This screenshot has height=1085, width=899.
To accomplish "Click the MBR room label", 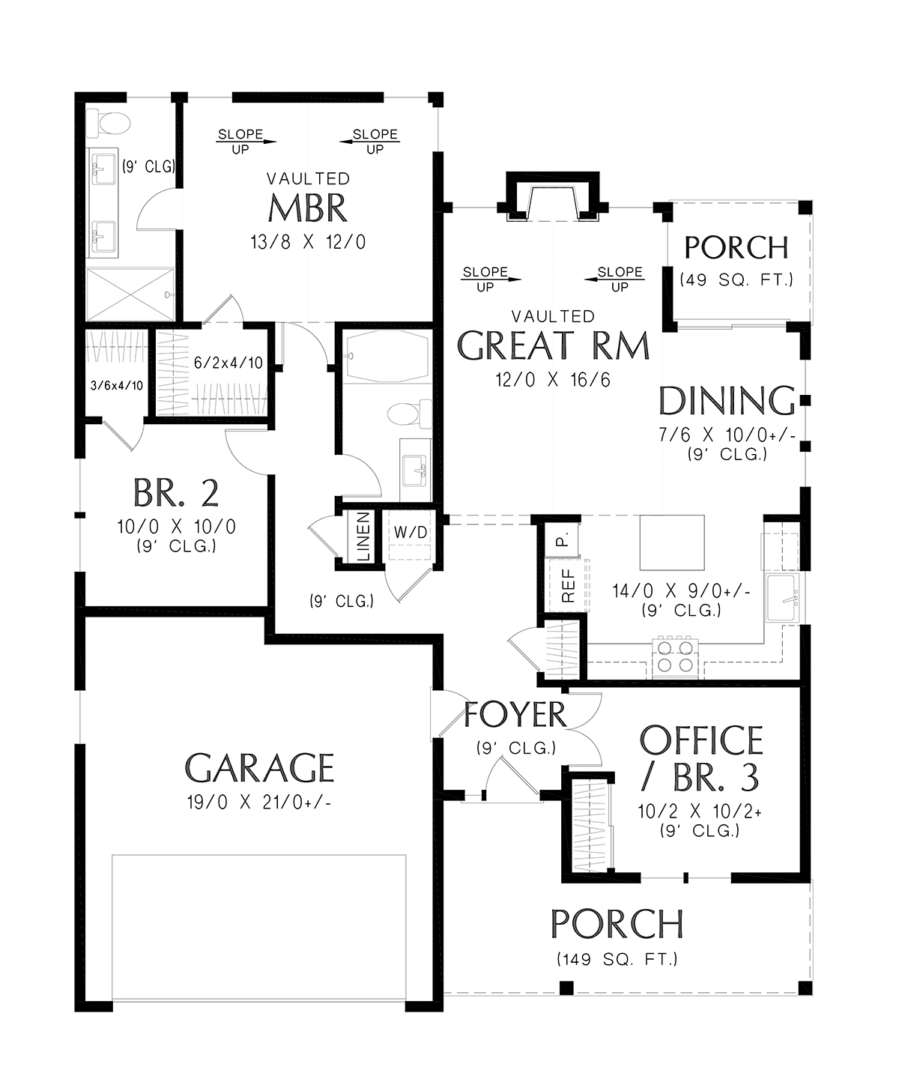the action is (308, 208).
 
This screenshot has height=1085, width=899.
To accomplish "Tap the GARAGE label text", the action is (259, 768).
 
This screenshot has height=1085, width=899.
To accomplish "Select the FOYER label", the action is (515, 715).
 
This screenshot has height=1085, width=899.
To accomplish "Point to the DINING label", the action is (727, 401).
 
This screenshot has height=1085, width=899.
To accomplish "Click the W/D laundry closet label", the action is (411, 531).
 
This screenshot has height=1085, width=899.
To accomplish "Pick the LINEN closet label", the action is (364, 537).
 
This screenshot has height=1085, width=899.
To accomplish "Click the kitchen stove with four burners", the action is (675, 657).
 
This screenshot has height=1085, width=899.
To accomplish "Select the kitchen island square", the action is (672, 542).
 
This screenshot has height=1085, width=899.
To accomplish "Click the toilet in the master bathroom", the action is (108, 124).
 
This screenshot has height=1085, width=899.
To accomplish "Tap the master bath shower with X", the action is (130, 294).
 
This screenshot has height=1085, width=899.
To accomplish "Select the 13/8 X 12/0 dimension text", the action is (308, 242).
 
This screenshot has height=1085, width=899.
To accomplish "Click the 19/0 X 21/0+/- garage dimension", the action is (259, 803).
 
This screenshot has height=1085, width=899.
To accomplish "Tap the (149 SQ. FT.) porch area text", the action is (617, 959).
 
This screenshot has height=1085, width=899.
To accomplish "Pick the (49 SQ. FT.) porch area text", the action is (737, 280).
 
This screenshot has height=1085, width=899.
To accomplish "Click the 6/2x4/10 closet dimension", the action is (228, 363).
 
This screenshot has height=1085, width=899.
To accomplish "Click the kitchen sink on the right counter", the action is (783, 598).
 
